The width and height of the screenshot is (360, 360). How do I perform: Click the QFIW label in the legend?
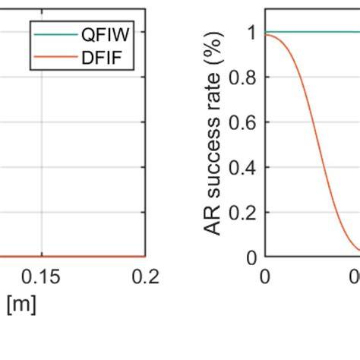click(x=106, y=35)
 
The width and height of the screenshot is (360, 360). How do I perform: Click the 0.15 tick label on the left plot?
click(x=42, y=277)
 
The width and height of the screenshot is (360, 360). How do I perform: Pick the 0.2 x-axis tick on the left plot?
click(x=144, y=277)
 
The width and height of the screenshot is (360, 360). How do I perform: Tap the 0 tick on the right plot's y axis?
click(x=253, y=257)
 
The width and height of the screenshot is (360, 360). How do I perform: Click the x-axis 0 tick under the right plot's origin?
click(x=264, y=277)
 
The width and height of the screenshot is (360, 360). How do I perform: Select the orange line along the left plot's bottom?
click(x=76, y=257)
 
